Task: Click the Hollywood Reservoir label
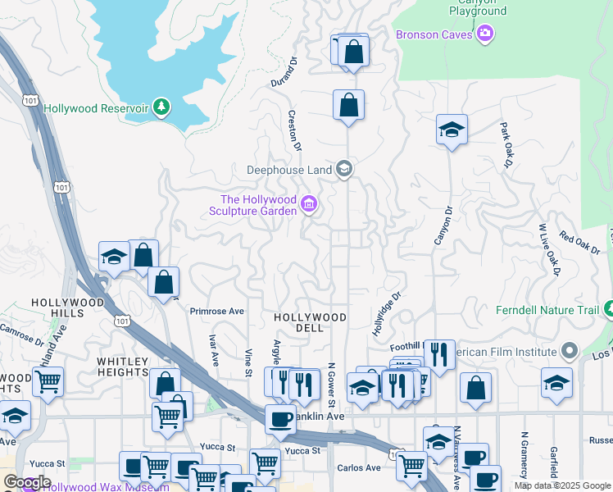(x=95, y=108)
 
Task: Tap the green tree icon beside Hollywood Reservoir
(x=162, y=107)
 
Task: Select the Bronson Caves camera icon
(x=485, y=34)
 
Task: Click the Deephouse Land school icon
(x=344, y=170)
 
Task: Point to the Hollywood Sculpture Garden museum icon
(x=309, y=204)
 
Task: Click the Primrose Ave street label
(x=217, y=312)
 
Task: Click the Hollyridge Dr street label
(x=386, y=315)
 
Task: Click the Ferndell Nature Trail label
(x=547, y=310)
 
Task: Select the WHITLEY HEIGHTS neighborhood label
(x=122, y=367)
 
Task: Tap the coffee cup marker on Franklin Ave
(x=280, y=417)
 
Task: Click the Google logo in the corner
(x=26, y=482)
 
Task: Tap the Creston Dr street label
(x=294, y=131)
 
